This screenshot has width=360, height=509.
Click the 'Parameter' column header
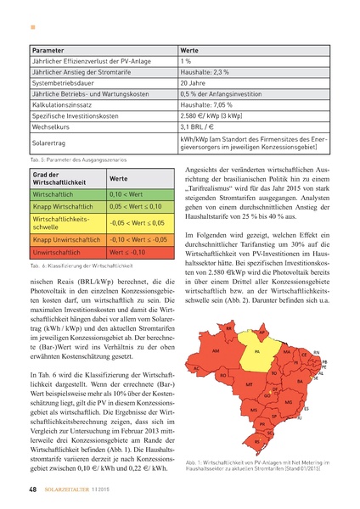(39, 50)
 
